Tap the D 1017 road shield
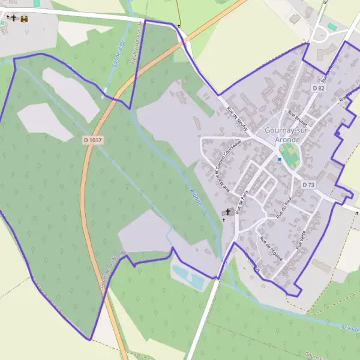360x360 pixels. (x=93, y=140)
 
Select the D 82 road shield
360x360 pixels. (x=318, y=88)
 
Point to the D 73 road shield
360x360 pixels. (x=308, y=185)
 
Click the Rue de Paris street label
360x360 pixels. (x=243, y=202)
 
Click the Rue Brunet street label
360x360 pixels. (x=297, y=119)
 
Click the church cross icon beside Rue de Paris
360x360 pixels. (x=228, y=212)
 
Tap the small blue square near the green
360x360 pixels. (x=280, y=159)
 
